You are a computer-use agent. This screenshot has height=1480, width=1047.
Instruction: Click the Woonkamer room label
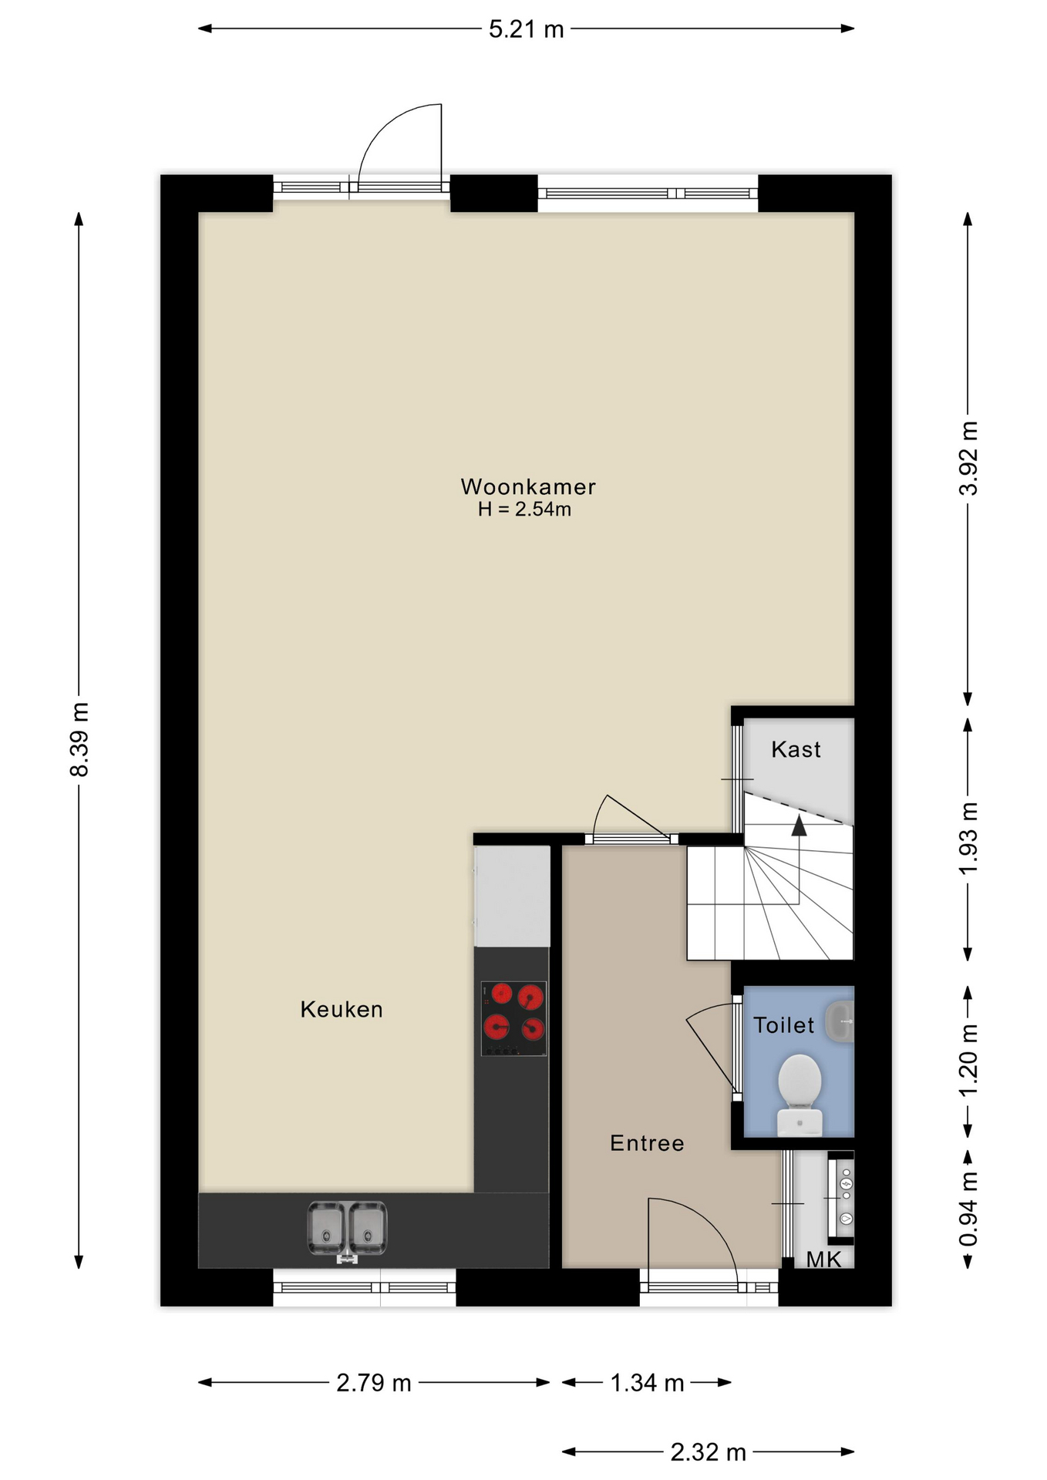click(528, 486)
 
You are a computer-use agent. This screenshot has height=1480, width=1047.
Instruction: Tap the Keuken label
click(342, 1009)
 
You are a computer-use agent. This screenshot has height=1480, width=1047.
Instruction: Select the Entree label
click(647, 1143)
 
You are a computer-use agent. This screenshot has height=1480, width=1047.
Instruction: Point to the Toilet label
click(783, 1025)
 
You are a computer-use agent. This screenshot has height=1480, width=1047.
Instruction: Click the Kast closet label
click(796, 749)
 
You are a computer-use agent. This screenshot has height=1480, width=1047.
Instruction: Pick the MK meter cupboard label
click(824, 1260)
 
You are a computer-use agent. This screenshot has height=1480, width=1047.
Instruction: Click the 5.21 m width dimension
click(527, 29)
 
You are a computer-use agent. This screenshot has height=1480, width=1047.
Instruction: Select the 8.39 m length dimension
click(79, 739)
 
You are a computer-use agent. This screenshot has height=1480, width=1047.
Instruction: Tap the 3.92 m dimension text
click(968, 459)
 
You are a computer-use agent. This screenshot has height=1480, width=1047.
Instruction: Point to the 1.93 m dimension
click(968, 838)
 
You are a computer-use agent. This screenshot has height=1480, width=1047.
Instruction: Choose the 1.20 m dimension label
click(968, 1060)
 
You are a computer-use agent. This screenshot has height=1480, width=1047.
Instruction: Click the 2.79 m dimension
click(374, 1383)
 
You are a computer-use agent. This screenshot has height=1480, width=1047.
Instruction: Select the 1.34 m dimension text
click(647, 1383)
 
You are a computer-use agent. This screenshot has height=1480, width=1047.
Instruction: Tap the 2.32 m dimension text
click(708, 1452)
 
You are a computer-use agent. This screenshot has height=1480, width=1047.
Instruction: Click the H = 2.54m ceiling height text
click(524, 510)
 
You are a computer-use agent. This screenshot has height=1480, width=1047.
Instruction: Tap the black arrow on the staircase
click(799, 826)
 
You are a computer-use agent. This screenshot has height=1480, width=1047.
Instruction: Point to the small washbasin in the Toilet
click(840, 1022)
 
